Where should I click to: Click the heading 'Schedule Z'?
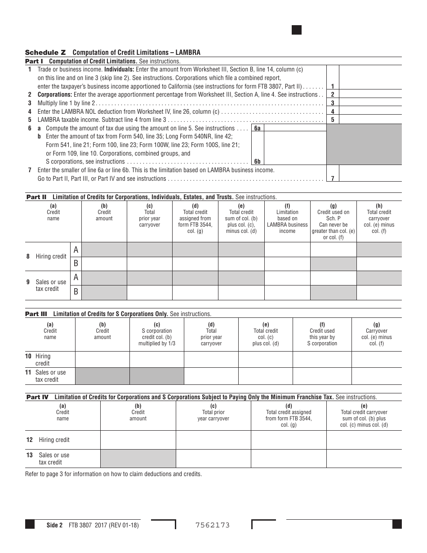pyautogui.click(x=45, y=53)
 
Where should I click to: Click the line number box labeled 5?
pyautogui.click(x=332, y=120)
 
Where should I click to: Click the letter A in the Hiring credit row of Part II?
pyautogui.click(x=76, y=250)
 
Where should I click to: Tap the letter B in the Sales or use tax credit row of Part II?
pyautogui.click(x=76, y=292)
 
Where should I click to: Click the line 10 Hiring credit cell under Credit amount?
pyautogui.click(x=102, y=360)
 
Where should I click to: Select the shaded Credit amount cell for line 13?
pyautogui.click(x=138, y=459)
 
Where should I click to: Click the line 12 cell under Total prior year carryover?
pyautogui.click(x=213, y=440)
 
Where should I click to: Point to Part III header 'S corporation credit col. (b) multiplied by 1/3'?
pyautogui.click(x=156, y=334)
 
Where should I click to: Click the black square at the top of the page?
pyautogui.click(x=297, y=30)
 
